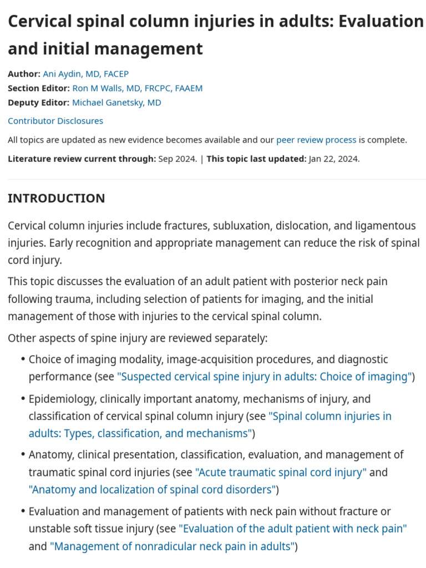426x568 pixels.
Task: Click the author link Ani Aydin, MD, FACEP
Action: click(x=85, y=74)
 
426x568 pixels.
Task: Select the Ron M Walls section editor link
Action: click(x=137, y=88)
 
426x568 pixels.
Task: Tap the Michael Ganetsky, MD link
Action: click(x=116, y=103)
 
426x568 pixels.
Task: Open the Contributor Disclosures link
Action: click(x=55, y=121)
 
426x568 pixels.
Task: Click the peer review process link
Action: click(x=316, y=140)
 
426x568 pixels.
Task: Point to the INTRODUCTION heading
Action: click(x=56, y=199)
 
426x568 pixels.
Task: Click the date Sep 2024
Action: click(x=177, y=159)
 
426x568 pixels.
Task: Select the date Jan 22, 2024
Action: click(x=334, y=159)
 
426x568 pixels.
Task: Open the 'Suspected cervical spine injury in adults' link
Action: click(x=264, y=377)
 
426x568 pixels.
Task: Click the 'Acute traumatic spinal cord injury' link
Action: click(x=281, y=473)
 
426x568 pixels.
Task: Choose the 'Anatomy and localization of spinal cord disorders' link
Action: click(x=152, y=490)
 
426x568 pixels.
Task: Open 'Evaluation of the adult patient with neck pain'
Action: click(x=292, y=529)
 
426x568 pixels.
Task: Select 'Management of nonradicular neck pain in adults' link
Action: click(x=171, y=546)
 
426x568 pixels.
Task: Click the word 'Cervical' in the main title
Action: click(x=40, y=21)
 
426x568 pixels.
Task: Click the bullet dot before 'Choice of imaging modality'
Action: click(x=23, y=359)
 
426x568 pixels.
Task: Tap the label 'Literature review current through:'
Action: click(x=82, y=159)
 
